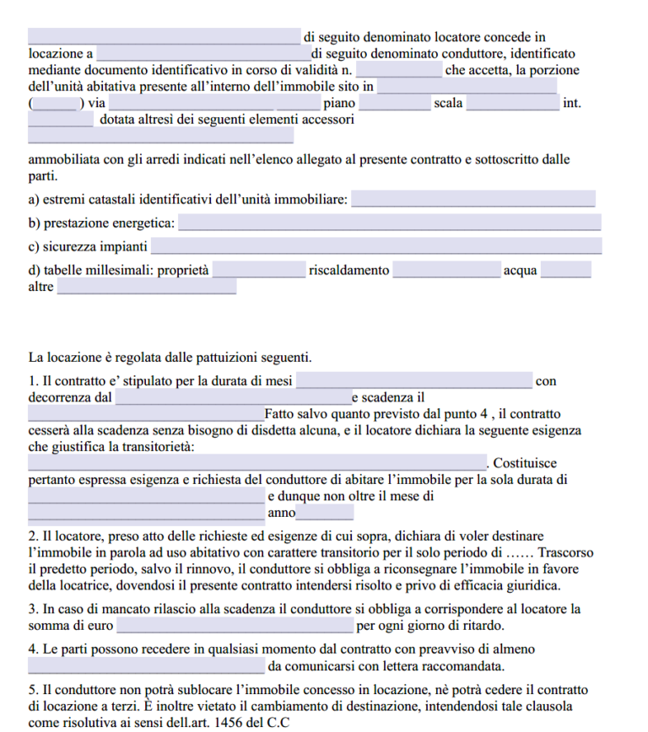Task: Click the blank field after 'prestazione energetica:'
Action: (x=390, y=223)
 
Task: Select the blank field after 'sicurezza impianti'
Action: (x=375, y=247)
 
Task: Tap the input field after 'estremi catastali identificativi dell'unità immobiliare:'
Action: (x=472, y=200)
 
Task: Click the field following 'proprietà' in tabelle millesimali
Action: (x=258, y=271)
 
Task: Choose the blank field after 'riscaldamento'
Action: (x=446, y=271)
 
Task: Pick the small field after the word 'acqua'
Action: (x=565, y=271)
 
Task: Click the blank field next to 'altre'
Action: (x=146, y=288)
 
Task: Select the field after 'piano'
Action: (x=394, y=104)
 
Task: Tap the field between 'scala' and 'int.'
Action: (x=512, y=104)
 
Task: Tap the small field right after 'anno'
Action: (x=325, y=513)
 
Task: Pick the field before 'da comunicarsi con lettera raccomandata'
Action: (x=146, y=666)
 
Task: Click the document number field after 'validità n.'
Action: (x=398, y=70)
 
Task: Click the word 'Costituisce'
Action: (x=524, y=464)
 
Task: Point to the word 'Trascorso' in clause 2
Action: (x=564, y=553)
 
